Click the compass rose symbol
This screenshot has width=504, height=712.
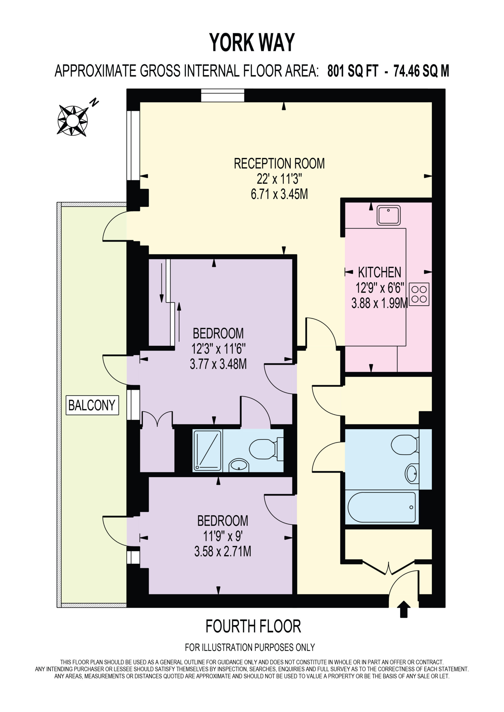[x=72, y=121]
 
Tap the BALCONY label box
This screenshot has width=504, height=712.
[x=92, y=405]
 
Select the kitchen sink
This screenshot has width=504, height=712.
[x=388, y=215]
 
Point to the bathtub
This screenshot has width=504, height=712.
[x=382, y=507]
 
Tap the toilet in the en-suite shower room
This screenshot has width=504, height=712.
[x=266, y=449]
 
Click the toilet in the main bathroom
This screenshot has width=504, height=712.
[x=405, y=445]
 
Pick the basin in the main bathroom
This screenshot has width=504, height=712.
[x=412, y=474]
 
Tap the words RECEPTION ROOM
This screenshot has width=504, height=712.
[x=279, y=164]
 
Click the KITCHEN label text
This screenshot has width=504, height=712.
[x=380, y=272]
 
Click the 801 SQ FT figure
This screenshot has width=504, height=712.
[x=353, y=71]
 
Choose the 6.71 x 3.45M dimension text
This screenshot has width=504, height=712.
[x=279, y=194]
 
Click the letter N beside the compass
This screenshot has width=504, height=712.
[x=94, y=102]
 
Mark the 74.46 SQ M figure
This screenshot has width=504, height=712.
[x=421, y=71]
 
